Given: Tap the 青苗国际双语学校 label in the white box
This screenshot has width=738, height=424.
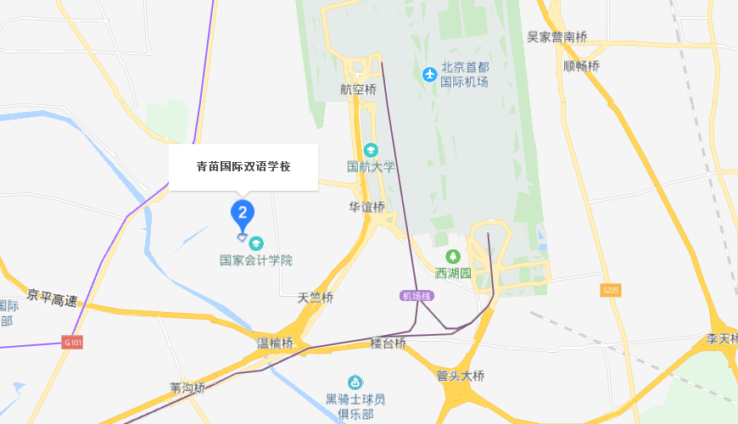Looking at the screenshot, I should (243, 167).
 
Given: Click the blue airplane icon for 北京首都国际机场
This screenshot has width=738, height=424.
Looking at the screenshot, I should (429, 75).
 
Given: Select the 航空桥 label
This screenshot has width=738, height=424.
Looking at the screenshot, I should (357, 89).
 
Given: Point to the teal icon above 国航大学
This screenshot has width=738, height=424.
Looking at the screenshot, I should (371, 149).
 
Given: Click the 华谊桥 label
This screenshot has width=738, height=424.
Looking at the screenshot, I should (366, 207).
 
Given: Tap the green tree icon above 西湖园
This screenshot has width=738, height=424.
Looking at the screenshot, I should (453, 256).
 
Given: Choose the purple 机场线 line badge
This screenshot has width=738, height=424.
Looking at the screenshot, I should (417, 296).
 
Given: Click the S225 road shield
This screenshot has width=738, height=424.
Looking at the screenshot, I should (611, 290).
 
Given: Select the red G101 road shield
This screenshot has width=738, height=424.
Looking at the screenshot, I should (74, 343).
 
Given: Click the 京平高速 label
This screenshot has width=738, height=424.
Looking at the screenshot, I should (52, 298).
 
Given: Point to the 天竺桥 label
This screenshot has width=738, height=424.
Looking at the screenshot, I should (316, 298).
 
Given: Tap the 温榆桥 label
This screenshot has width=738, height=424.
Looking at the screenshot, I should (275, 343).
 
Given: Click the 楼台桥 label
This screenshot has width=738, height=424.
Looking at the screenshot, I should (388, 343).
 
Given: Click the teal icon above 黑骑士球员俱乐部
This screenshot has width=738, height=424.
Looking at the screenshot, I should (355, 383).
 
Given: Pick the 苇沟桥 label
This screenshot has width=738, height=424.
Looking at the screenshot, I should (187, 388).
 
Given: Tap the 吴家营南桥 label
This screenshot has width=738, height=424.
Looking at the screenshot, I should (556, 36).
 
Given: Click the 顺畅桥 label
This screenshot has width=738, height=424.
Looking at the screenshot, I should (581, 65).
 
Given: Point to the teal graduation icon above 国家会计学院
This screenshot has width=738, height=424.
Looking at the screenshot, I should (256, 243).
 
